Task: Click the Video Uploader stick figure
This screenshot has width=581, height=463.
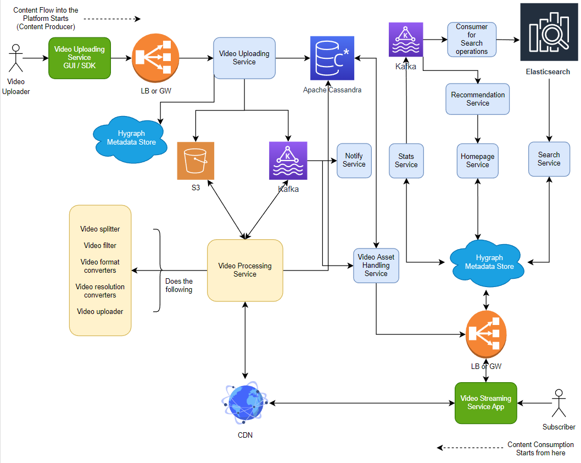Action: [x=15, y=59]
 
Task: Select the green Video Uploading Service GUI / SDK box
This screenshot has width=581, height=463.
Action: [x=80, y=57]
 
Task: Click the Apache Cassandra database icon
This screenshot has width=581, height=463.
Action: [x=332, y=58]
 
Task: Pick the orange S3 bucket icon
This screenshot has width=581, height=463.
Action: [x=195, y=161]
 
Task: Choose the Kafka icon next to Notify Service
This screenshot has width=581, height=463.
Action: [x=288, y=161]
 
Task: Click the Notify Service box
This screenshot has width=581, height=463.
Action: [x=354, y=161]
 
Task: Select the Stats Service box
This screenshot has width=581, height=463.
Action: [x=406, y=161]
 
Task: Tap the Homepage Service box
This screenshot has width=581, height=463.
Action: [x=477, y=161]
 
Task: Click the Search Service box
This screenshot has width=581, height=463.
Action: [x=549, y=159]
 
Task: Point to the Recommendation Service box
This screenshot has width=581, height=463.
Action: [x=478, y=99]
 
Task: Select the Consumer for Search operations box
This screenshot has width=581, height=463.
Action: [x=471, y=39]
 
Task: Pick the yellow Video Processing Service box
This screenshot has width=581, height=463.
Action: [x=245, y=270]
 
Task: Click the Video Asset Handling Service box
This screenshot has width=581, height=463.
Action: [x=376, y=266]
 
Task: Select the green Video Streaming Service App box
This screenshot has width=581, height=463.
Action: [x=485, y=403]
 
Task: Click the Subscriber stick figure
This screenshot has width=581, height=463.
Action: [x=559, y=404]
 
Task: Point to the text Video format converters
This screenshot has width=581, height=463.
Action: [x=100, y=266]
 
